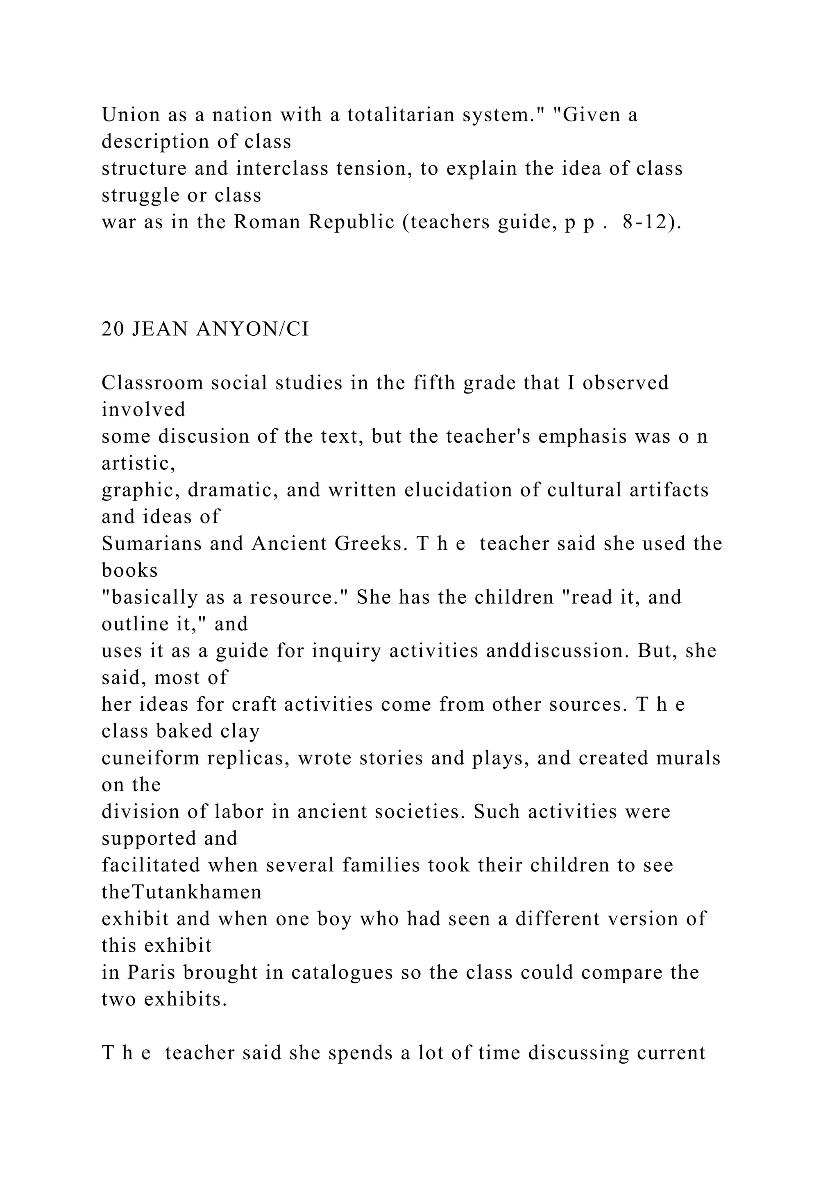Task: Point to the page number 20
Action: tap(113, 329)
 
